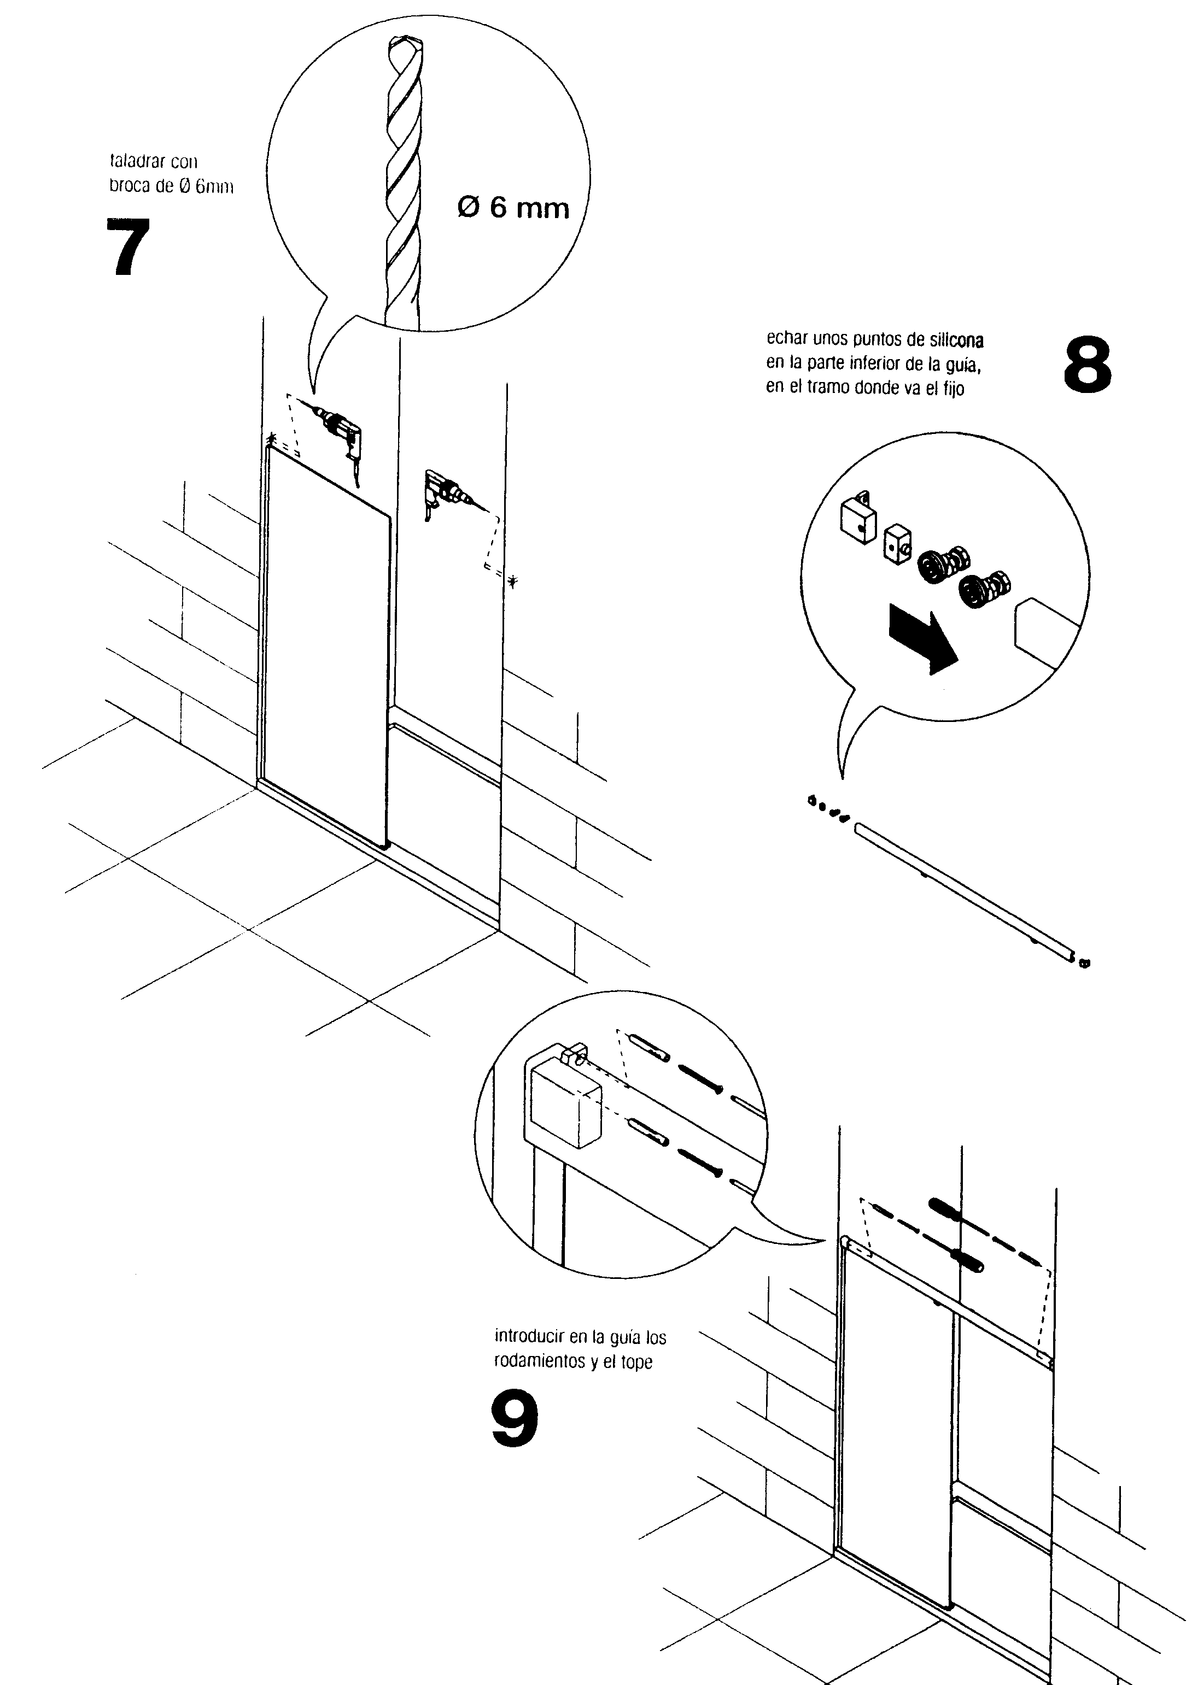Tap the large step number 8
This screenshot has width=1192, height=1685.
[x=1087, y=365]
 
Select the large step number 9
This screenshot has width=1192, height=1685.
[x=515, y=1417]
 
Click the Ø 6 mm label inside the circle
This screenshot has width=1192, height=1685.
[x=513, y=208]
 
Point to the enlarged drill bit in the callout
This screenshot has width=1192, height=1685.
[x=404, y=184]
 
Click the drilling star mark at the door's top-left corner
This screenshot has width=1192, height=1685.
[x=272, y=439]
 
